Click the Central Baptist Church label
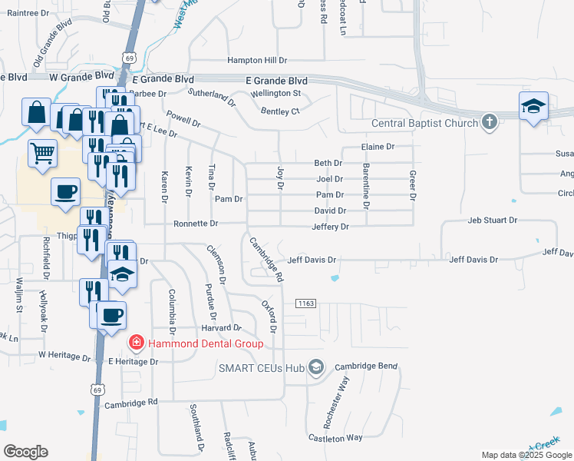(x=426, y=123)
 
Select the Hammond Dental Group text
(x=206, y=343)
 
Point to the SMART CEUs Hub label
(x=262, y=368)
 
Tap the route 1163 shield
(x=305, y=304)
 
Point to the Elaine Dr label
(x=378, y=147)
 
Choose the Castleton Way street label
(x=335, y=437)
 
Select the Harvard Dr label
(x=222, y=328)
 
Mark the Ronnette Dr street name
(x=196, y=224)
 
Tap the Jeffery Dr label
(x=330, y=227)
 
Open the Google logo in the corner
(x=25, y=452)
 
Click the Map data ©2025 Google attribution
(x=526, y=455)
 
